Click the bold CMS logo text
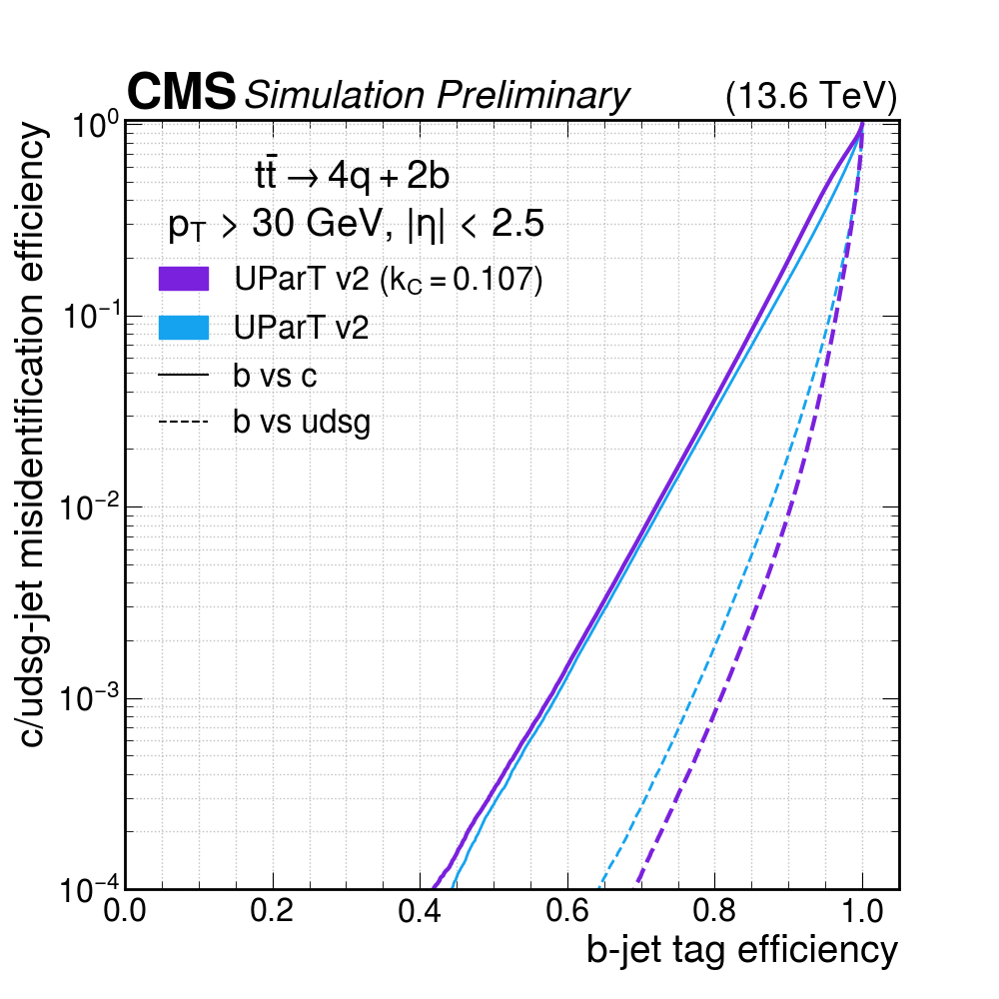tap(181, 93)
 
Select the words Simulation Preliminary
tap(438, 95)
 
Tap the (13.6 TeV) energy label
tap(810, 96)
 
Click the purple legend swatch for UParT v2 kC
tap(183, 280)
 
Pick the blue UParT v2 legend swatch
tap(183, 328)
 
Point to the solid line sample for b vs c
tap(183, 376)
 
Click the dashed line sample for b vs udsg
tap(183, 423)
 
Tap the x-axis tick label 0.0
tap(127, 912)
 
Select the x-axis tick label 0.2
tap(274, 912)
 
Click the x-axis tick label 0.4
tap(421, 912)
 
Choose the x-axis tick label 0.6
tap(567, 912)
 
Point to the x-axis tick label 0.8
tap(714, 912)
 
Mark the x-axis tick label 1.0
tap(861, 912)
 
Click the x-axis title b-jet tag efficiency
tap(741, 951)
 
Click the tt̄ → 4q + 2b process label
tap(353, 177)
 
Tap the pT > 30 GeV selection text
tap(356, 226)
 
